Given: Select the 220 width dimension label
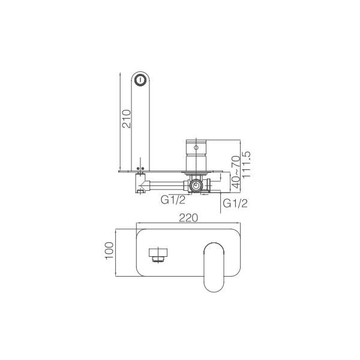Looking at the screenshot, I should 188,219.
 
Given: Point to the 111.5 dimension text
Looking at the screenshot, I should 247,164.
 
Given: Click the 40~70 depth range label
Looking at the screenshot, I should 235,173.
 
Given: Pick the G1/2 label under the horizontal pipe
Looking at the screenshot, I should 172,200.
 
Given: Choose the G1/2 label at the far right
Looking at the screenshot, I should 235,204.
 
